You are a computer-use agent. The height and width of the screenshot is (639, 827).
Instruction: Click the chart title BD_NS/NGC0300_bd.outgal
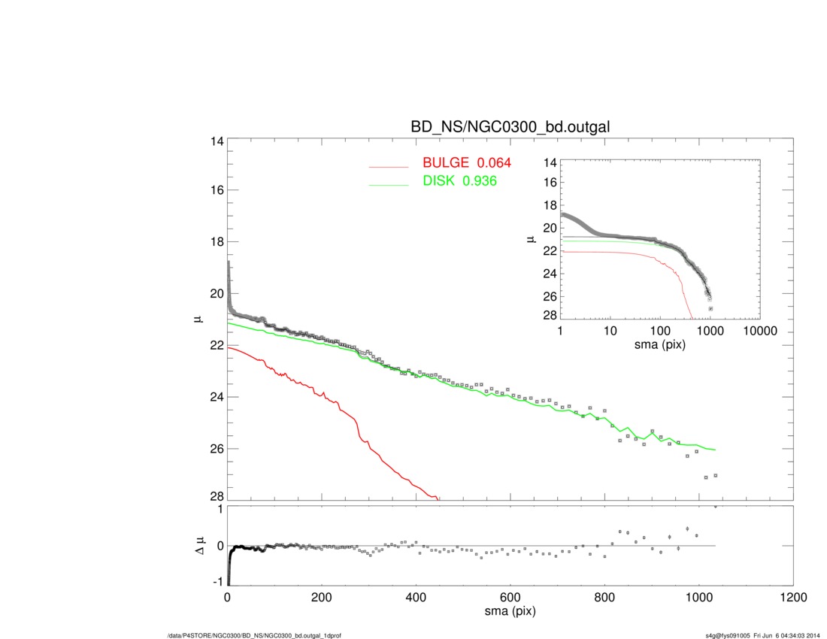point(509,128)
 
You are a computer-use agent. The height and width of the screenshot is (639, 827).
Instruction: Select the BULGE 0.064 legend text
point(467,163)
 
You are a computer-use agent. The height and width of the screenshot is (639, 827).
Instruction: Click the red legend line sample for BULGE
point(388,167)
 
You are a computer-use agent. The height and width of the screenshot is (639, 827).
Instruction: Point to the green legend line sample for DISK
point(388,185)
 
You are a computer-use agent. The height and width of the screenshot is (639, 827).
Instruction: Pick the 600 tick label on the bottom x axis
point(510,598)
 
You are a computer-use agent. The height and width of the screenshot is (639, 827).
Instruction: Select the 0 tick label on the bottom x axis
point(228,598)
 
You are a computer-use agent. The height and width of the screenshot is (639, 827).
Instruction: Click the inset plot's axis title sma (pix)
point(659,344)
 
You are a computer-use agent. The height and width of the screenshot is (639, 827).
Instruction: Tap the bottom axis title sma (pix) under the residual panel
point(510,613)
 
